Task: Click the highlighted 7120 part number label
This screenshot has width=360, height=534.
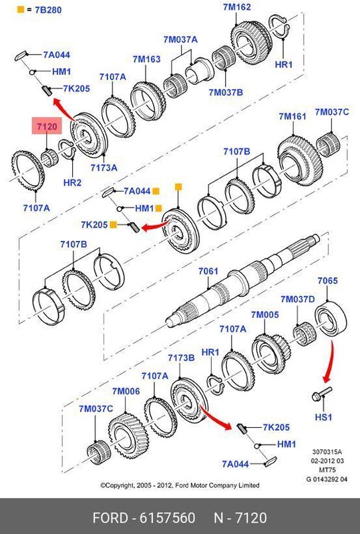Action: (x=48, y=125)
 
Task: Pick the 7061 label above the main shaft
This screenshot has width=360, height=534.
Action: (x=208, y=273)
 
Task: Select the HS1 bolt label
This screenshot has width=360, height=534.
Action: (x=323, y=417)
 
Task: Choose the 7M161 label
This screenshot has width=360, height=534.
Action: (x=293, y=117)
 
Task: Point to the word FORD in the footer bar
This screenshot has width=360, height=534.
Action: (x=111, y=518)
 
